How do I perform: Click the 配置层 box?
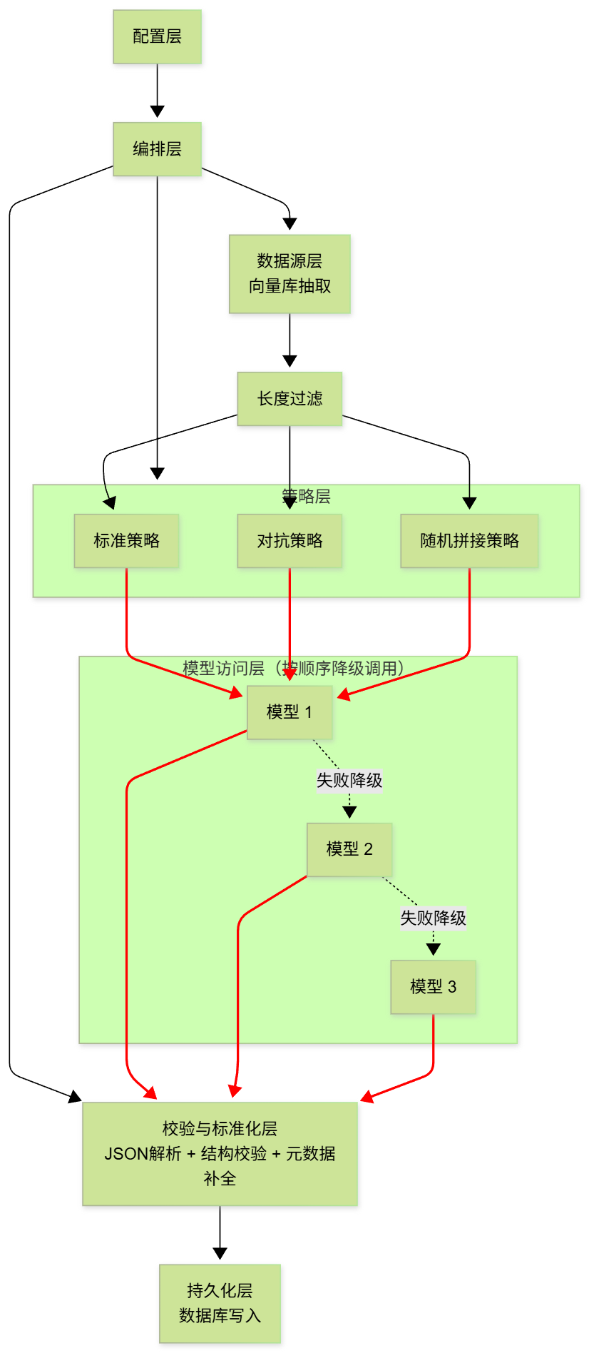[x=157, y=36]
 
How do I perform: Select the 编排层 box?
[x=157, y=148]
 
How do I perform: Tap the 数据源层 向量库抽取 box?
[x=290, y=273]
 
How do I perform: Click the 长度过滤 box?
[x=290, y=398]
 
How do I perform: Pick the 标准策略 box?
[x=126, y=540]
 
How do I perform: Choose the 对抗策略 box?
[x=290, y=540]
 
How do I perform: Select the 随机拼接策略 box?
[x=469, y=540]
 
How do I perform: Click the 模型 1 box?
[x=290, y=711]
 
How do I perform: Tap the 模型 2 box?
[x=349, y=848]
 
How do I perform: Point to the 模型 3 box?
[x=433, y=986]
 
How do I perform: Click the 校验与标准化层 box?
[x=220, y=1153]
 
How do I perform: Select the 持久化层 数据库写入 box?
[x=220, y=1303]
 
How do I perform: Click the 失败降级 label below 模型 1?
[x=349, y=780]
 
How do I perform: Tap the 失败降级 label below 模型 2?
[x=433, y=918]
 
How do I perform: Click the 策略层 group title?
[x=306, y=496]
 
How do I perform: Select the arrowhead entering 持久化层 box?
[x=220, y=1253]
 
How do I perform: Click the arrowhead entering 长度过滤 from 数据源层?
[x=290, y=361]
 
